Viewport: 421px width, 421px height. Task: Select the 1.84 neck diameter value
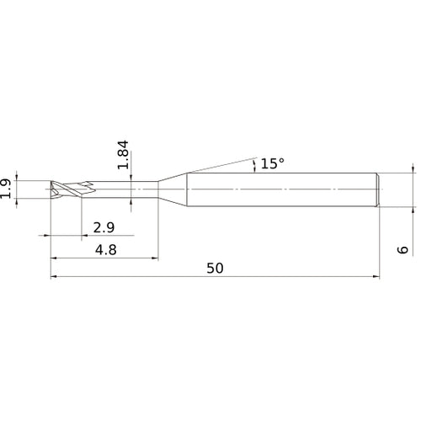click(x=124, y=157)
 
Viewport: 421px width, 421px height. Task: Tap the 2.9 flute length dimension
click(x=104, y=228)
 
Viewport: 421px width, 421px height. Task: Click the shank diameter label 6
click(x=402, y=250)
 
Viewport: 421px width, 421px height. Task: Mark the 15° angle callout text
click(x=272, y=163)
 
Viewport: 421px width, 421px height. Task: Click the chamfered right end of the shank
click(x=378, y=189)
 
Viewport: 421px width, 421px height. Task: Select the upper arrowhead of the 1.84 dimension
click(x=132, y=178)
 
